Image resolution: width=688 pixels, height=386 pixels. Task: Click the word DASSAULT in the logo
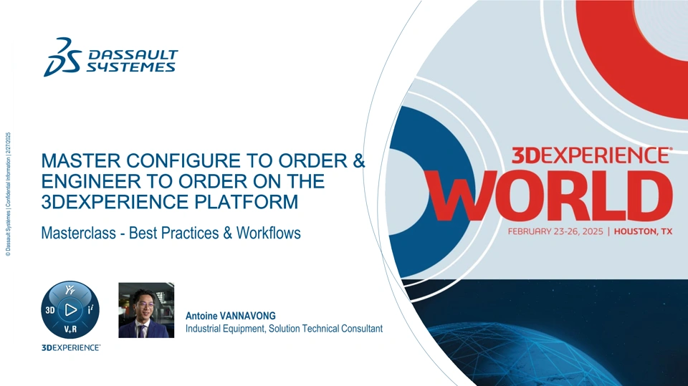pyautogui.click(x=133, y=55)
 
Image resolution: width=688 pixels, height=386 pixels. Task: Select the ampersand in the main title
pyautogui.click(x=359, y=160)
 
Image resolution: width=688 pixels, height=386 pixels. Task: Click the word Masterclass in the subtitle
pyautogui.click(x=79, y=233)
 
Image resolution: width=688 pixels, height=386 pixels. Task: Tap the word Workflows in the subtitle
pyautogui.click(x=269, y=233)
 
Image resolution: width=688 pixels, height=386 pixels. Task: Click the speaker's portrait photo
pyautogui.click(x=146, y=310)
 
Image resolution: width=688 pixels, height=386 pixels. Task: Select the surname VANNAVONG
pyautogui.click(x=247, y=316)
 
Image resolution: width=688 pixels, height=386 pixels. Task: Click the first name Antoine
pyautogui.click(x=201, y=316)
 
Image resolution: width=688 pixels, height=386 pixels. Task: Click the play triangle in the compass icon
pyautogui.click(x=71, y=309)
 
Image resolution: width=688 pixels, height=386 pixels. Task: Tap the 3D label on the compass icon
pyautogui.click(x=50, y=310)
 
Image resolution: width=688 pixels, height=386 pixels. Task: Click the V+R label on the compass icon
pyautogui.click(x=71, y=329)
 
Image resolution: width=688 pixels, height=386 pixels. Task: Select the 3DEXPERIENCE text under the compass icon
pyautogui.click(x=71, y=348)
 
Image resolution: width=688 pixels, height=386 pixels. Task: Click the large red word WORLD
pyautogui.click(x=549, y=196)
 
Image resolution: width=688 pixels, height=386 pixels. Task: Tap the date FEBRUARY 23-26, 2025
pyautogui.click(x=555, y=231)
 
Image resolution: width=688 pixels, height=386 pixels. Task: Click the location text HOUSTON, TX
pyautogui.click(x=643, y=231)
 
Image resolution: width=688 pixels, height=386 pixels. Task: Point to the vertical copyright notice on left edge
pyautogui.click(x=8, y=194)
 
